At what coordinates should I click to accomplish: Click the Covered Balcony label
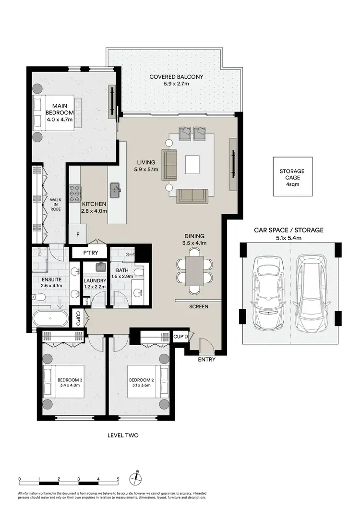(176, 80)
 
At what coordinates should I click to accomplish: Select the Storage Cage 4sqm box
(292, 176)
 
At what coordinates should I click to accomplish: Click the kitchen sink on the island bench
(116, 190)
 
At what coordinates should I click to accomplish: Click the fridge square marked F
(78, 235)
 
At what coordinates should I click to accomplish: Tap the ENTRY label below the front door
(206, 360)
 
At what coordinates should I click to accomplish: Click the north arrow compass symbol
(137, 478)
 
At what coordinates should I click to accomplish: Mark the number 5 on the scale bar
(118, 479)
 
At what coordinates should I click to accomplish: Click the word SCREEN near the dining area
(198, 306)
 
